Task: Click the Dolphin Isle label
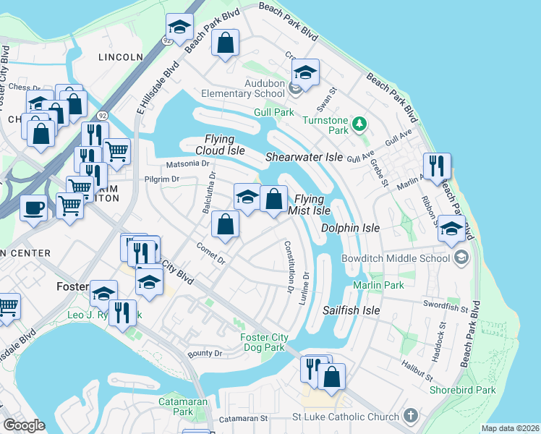(x=350, y=227)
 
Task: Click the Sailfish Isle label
(x=351, y=310)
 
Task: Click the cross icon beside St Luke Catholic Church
(x=411, y=416)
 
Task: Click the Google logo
(x=24, y=425)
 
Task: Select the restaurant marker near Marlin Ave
(x=437, y=166)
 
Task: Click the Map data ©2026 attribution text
(x=509, y=428)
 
